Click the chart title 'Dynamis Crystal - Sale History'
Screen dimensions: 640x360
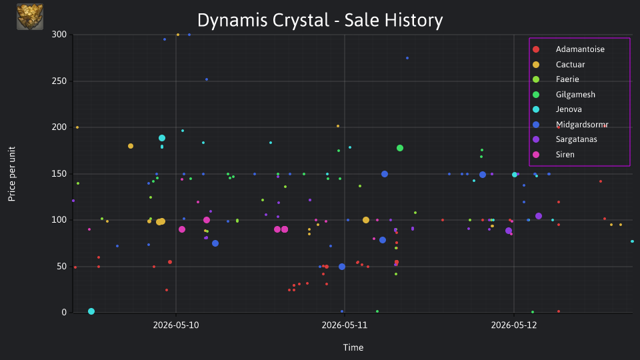(x=320, y=20)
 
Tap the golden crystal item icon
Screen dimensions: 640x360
(x=30, y=17)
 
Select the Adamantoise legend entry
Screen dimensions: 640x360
(x=580, y=49)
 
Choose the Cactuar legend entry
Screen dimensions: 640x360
(x=570, y=65)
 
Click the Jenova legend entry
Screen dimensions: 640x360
(x=569, y=109)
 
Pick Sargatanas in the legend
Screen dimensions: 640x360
(x=576, y=139)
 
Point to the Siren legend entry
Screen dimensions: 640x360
(x=565, y=155)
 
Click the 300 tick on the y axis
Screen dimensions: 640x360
(x=59, y=35)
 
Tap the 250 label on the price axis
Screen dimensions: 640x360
(x=59, y=81)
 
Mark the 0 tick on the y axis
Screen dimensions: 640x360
(x=64, y=313)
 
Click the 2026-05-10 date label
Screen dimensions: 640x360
(x=176, y=325)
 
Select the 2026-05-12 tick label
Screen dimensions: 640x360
(x=514, y=325)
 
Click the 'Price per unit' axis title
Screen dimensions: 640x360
(x=12, y=174)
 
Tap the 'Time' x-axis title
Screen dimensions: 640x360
(x=353, y=348)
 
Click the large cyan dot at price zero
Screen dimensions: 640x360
(x=91, y=311)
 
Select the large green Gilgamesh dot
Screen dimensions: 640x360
(x=400, y=148)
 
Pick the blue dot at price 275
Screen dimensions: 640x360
(x=407, y=59)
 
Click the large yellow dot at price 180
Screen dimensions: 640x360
(x=131, y=146)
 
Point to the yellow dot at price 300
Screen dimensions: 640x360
(x=178, y=35)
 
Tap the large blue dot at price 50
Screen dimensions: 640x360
(x=342, y=267)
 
